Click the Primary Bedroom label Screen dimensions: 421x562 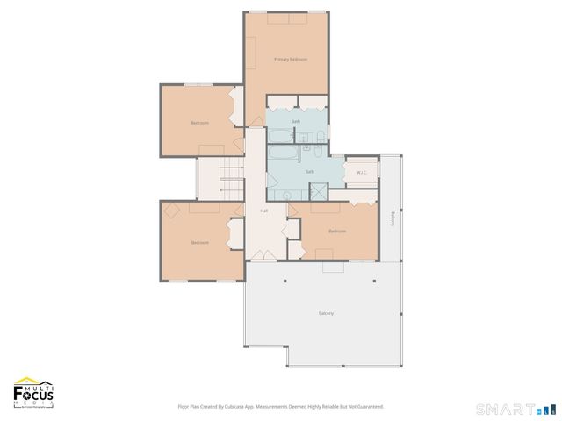[x=291, y=59]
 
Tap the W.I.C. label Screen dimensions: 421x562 [x=361, y=172]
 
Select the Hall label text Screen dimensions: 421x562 [x=263, y=211]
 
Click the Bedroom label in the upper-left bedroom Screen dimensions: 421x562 [x=199, y=122]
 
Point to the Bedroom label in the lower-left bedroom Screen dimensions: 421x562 [x=199, y=242]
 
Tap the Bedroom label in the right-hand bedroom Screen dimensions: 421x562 [x=337, y=232]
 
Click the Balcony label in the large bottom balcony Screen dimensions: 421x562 [x=326, y=313]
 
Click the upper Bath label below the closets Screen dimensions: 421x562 [x=296, y=121]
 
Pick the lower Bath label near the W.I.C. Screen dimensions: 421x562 [x=309, y=171]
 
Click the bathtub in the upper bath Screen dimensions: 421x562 [x=280, y=136]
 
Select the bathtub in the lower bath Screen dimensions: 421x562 [x=283, y=156]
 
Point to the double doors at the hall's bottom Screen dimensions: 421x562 [x=262, y=255]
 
